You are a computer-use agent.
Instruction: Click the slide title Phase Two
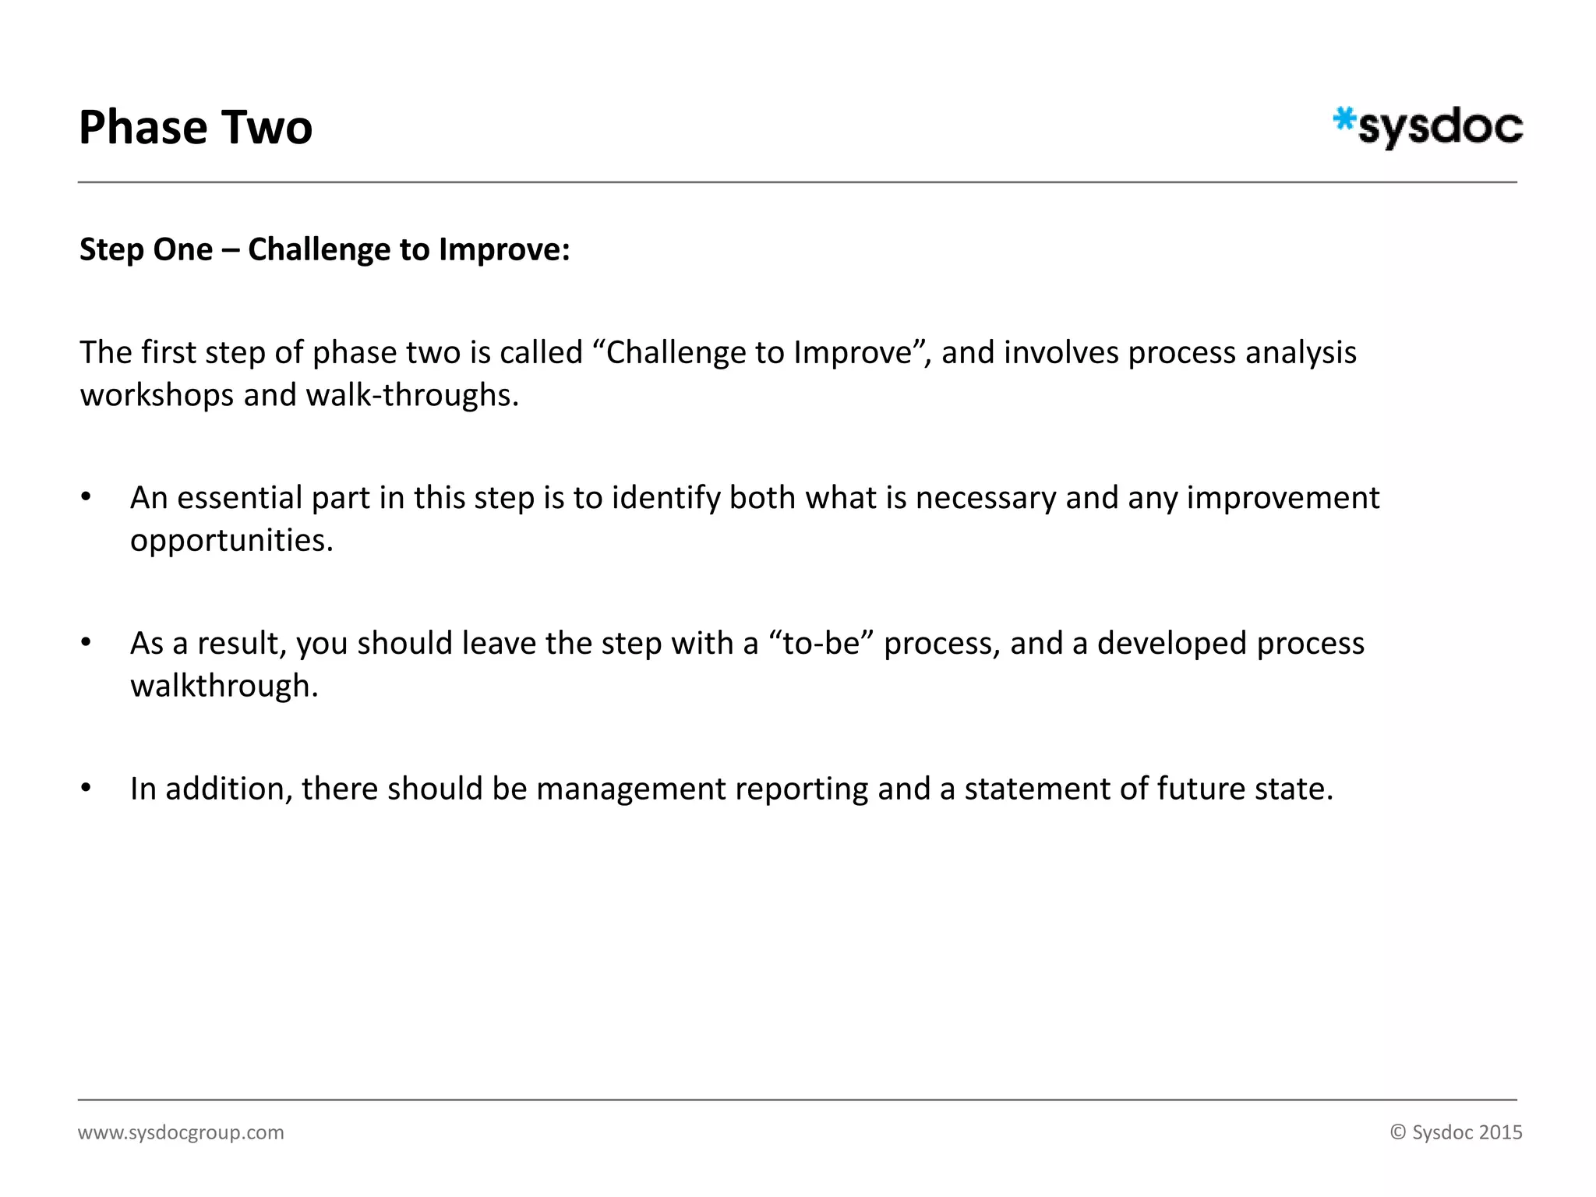tap(196, 128)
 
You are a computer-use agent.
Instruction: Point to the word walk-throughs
tap(411, 395)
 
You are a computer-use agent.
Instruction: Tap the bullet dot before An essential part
tap(86, 497)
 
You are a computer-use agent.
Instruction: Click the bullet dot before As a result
tap(86, 643)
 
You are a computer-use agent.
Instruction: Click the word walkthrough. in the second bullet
tap(224, 686)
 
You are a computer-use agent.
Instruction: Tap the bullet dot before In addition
tap(86, 788)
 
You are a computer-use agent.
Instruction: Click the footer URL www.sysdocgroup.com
tap(181, 1132)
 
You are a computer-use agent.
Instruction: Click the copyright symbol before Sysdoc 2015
tap(1398, 1132)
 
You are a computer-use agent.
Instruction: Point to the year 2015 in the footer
tap(1500, 1132)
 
